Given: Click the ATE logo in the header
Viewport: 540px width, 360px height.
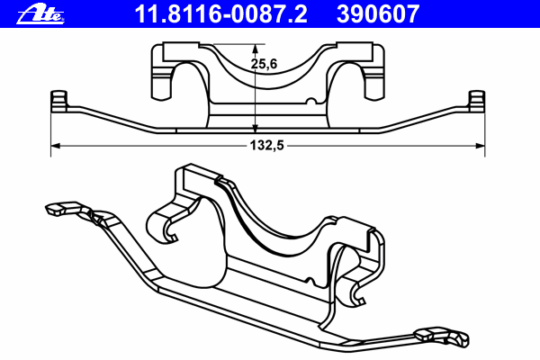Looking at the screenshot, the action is [40, 14].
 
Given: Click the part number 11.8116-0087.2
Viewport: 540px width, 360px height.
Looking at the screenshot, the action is [220, 14].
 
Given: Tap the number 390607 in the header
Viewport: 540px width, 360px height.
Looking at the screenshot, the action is [378, 14].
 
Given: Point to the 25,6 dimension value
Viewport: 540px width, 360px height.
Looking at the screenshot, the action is [264, 64].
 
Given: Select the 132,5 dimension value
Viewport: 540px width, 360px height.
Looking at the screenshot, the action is [267, 146].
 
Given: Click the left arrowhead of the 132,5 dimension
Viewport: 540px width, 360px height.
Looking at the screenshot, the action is [56, 146].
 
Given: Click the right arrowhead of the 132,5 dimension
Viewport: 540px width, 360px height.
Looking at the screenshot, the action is [480, 146].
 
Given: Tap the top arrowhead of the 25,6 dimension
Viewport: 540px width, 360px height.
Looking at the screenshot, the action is [256, 49].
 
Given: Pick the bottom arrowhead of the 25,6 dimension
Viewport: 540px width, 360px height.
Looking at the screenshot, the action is [256, 128].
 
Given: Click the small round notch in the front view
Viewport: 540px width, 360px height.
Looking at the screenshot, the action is [311, 102].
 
